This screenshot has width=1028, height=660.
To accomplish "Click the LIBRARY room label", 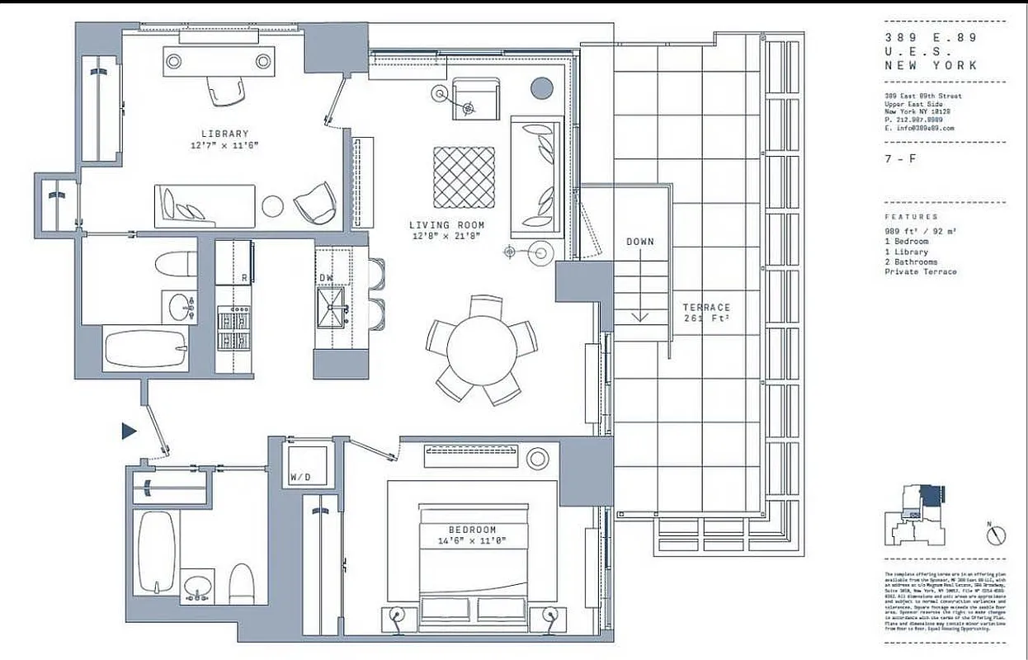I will click(224, 134).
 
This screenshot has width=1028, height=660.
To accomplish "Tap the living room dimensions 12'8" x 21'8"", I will click(446, 236).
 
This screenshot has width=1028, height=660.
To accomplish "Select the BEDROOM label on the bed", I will click(472, 530).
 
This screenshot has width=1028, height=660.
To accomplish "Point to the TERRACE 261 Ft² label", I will click(706, 313).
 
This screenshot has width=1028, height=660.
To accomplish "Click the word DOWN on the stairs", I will click(639, 242).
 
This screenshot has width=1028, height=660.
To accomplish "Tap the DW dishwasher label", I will click(326, 278).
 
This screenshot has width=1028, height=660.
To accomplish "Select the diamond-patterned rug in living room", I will click(464, 177).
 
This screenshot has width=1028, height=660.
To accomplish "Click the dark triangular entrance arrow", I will click(128, 431).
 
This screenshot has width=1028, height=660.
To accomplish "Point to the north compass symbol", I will click(997, 534).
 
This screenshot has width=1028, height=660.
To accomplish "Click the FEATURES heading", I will click(911, 216).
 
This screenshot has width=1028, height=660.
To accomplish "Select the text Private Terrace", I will click(921, 271).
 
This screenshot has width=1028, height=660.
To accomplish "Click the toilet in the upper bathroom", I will click(177, 262).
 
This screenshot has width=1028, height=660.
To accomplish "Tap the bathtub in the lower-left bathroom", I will click(157, 551).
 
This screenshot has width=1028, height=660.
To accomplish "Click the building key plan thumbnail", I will click(917, 516).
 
